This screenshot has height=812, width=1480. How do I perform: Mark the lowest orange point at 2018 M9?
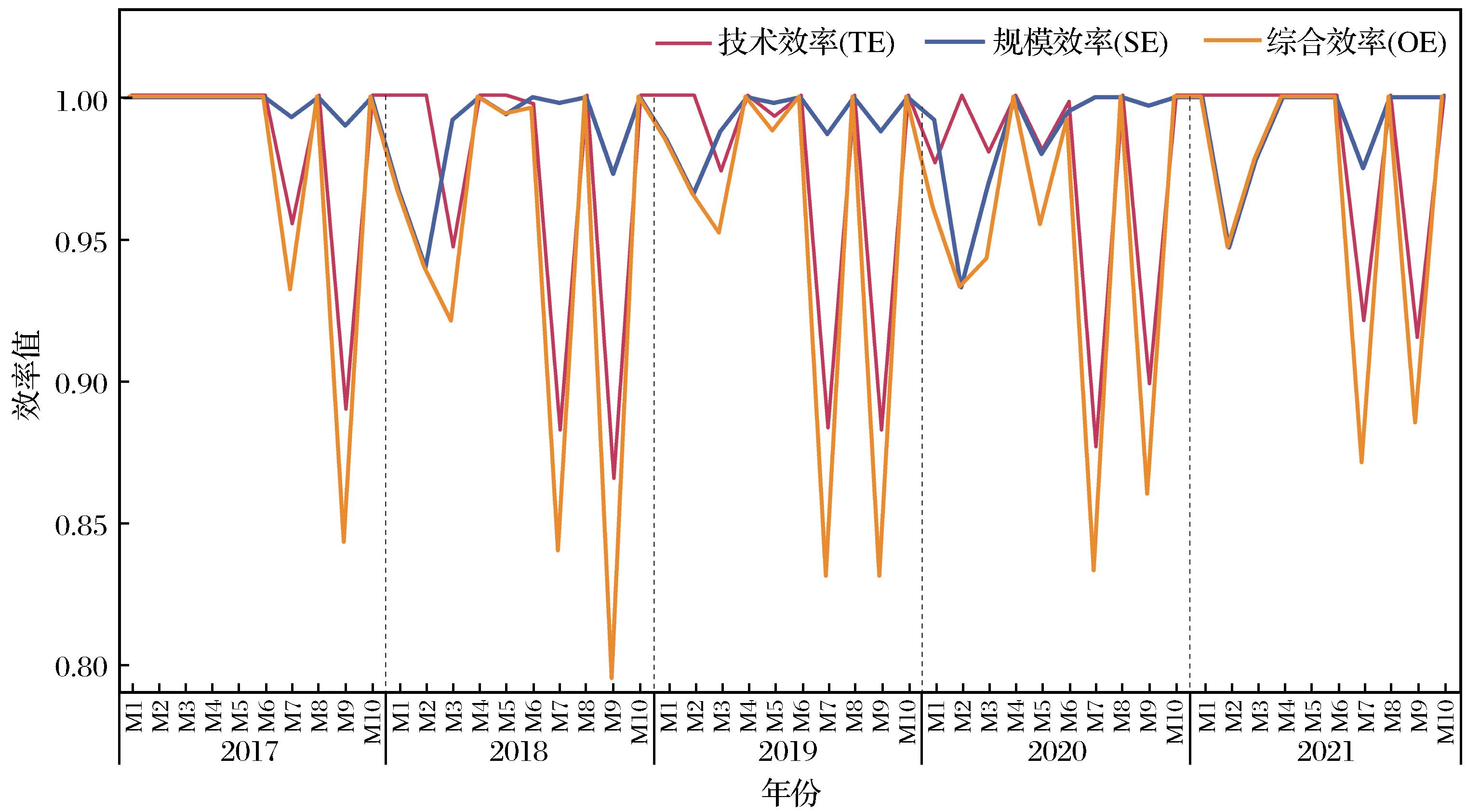click(611, 678)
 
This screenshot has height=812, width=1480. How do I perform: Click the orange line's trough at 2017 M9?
click(344, 542)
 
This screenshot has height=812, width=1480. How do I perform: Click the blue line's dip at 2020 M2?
click(960, 287)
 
